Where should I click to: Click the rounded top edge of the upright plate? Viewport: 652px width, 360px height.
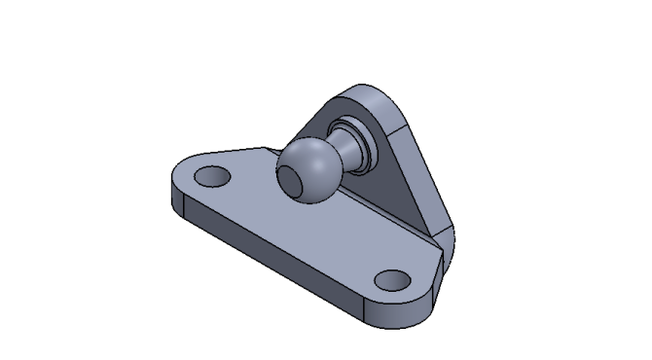coord(375,94)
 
